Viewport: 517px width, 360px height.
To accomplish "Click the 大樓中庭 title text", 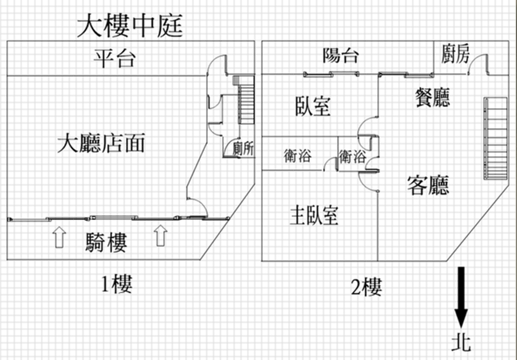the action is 130,26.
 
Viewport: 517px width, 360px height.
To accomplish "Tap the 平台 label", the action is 115,58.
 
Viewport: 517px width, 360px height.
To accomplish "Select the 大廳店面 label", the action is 101,143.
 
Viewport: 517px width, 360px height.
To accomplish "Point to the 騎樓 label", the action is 106,243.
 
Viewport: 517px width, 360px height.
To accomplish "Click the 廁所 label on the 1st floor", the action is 243,149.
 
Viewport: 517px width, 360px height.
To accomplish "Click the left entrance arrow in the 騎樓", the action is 60,237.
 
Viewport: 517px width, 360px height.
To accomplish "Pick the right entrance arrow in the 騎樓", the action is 160,235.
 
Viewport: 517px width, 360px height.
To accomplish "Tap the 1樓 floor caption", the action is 117,284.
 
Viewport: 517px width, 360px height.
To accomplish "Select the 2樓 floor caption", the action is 366,287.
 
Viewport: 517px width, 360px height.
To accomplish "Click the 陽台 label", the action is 341,55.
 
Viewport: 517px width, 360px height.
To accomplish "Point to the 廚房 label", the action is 455,53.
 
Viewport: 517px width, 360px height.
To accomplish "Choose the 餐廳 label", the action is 432,97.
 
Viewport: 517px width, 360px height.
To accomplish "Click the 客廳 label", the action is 428,185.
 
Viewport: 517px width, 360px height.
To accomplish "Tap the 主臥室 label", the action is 314,215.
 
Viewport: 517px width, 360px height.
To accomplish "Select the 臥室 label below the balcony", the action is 313,106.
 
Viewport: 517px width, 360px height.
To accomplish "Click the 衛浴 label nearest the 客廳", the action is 352,156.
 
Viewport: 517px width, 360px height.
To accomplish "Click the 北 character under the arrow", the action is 461,342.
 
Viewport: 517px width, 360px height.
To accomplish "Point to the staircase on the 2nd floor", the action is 495,139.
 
